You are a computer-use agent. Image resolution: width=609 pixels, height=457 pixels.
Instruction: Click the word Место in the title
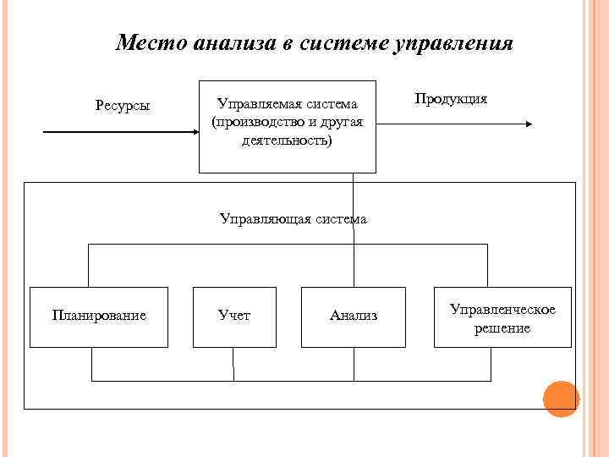(x=151, y=42)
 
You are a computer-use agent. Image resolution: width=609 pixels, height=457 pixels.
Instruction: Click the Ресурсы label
(x=123, y=106)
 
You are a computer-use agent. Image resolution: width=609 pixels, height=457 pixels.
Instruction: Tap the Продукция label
(x=451, y=98)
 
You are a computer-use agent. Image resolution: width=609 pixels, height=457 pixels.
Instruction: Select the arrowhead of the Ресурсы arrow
(x=193, y=132)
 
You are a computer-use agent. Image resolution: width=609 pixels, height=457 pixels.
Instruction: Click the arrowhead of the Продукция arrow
(x=529, y=124)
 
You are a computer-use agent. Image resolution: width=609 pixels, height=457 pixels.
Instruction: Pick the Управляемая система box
(x=287, y=127)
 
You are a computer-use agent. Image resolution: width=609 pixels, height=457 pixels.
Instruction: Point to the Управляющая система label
(x=293, y=219)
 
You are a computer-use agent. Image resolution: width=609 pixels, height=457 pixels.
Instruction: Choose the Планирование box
(x=99, y=317)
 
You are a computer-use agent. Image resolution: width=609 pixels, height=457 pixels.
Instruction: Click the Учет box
(x=234, y=317)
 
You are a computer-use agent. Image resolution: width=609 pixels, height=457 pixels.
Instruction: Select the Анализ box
(x=354, y=317)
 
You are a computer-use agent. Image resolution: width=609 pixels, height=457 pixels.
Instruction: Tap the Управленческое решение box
(x=502, y=317)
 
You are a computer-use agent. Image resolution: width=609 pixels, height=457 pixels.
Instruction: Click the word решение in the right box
(x=502, y=328)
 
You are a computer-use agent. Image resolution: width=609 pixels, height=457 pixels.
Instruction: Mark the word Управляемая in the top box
(x=253, y=105)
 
